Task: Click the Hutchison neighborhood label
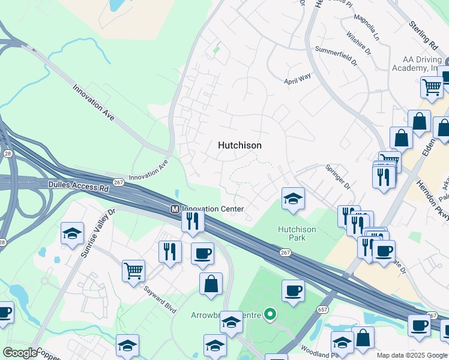[240, 145]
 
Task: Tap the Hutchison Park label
[292, 233]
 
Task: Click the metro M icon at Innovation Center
[175, 209]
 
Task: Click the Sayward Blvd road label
[160, 299]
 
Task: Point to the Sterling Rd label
[423, 35]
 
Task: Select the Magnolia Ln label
[367, 29]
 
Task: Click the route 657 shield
[322, 308]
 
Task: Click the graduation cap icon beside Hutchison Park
[292, 198]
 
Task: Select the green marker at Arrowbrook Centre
[270, 313]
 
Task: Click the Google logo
[20, 353]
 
